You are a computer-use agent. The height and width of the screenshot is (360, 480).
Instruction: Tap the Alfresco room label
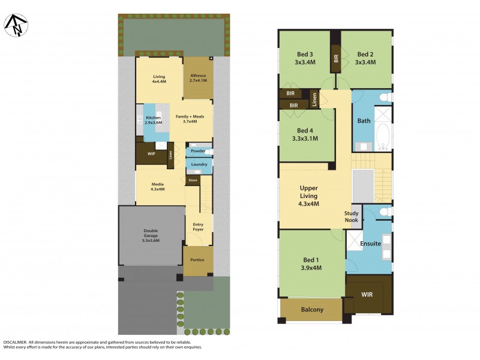coord(198,76)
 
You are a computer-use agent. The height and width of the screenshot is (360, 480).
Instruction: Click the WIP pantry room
coord(151,153)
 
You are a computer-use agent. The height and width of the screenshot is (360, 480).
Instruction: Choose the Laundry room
coord(199,164)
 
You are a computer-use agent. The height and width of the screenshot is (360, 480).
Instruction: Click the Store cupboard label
coord(193,180)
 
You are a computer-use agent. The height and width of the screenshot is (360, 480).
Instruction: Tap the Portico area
coord(197,260)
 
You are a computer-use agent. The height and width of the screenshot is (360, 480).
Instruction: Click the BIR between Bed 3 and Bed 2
coord(336,59)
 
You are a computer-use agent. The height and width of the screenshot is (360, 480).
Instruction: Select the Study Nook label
coord(352,217)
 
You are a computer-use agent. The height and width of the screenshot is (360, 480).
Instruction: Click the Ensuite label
coord(370,244)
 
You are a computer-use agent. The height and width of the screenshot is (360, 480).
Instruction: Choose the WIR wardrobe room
coord(367,295)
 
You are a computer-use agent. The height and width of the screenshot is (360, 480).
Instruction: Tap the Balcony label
coord(311,310)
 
